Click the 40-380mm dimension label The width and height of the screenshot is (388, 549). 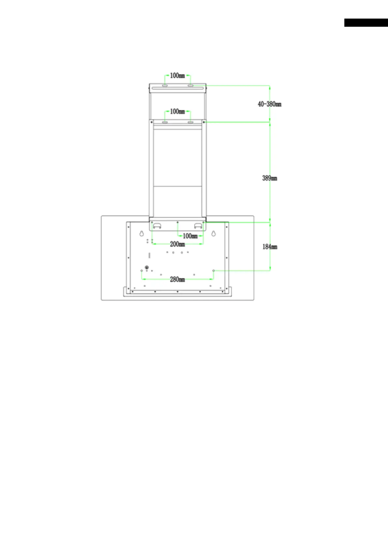[269, 104]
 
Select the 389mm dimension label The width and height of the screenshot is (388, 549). [270, 178]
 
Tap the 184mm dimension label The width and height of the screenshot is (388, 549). [270, 247]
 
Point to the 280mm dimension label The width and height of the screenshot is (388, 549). [177, 279]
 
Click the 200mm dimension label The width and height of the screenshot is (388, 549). [177, 244]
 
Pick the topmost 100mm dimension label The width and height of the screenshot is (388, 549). [177, 76]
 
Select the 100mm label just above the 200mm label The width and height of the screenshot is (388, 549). [190, 236]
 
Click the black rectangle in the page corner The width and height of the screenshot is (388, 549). [366, 22]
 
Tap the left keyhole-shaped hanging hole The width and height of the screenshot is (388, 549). [141, 233]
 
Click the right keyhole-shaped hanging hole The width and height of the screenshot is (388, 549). [213, 233]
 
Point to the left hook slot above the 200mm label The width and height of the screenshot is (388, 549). [157, 226]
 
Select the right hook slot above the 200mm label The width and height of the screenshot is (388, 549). [198, 226]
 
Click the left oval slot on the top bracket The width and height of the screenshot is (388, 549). [165, 85]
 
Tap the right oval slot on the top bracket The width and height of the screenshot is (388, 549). [190, 85]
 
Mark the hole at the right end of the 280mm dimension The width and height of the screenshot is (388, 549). [213, 271]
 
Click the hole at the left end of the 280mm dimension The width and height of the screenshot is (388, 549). [141, 271]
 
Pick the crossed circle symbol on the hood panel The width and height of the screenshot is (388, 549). [147, 267]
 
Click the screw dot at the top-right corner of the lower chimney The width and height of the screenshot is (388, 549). [204, 122]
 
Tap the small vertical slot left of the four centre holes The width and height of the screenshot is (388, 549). [150, 255]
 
